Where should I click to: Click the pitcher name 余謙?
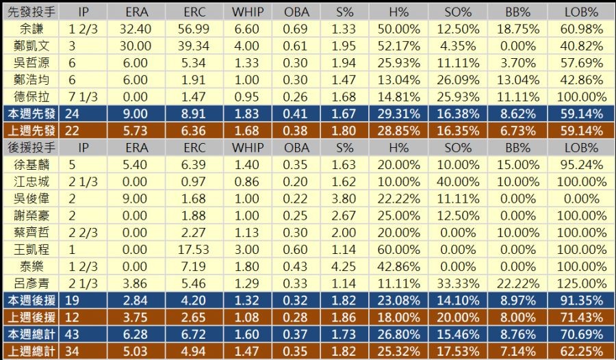click(30, 29)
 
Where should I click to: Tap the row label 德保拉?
click(30, 97)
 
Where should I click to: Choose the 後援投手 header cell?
click(30, 147)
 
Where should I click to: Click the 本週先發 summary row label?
click(30, 114)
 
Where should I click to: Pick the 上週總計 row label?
click(30, 351)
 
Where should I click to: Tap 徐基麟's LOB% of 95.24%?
click(580, 164)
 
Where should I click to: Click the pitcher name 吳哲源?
click(30, 63)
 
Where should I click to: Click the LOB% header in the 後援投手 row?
click(580, 147)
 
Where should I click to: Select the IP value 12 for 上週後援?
click(84, 316)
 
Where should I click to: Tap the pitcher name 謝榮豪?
click(30, 215)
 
